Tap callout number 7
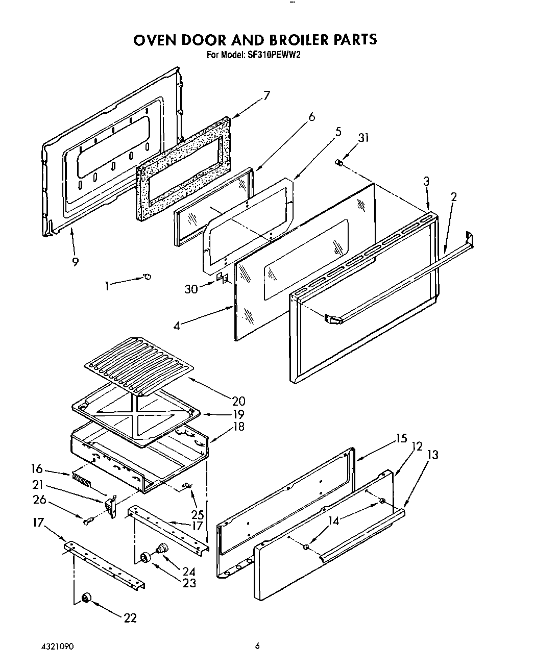coord(266,95)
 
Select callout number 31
coord(363,138)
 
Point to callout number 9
coord(75,262)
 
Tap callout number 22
coord(130,618)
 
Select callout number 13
coord(432,455)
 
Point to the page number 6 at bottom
coord(258,646)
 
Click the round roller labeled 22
coord(86,598)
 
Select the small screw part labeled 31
coord(337,162)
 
